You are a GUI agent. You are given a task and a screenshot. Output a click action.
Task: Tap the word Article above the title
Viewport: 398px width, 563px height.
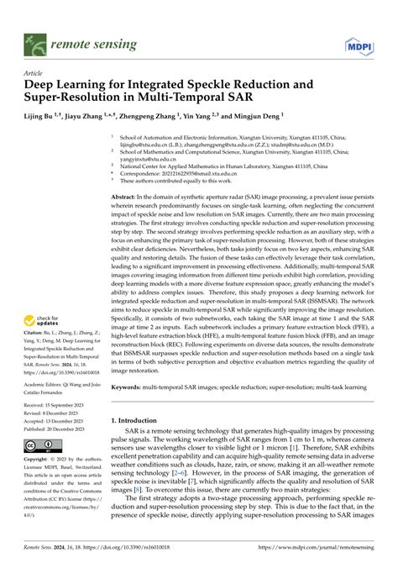(x=35, y=73)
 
